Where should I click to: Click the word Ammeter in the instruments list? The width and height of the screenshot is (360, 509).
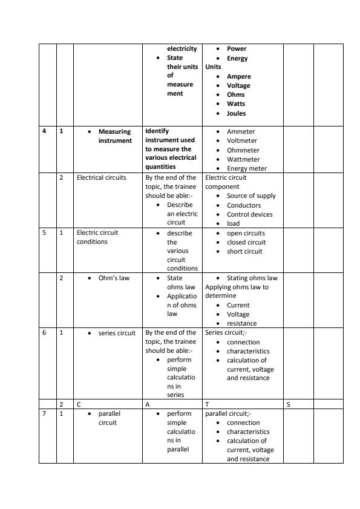point(241,131)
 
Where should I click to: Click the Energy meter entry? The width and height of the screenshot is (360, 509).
point(247,168)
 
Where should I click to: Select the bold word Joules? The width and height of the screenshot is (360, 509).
point(236,113)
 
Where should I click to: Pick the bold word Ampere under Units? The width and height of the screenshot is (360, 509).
point(238,76)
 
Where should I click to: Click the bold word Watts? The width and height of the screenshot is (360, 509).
point(236,104)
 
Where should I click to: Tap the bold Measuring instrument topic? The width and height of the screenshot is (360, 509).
point(115,136)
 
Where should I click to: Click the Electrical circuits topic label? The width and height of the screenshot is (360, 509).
point(102,178)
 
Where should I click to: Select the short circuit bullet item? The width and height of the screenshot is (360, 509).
point(246,251)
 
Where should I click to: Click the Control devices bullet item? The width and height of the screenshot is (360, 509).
point(249,214)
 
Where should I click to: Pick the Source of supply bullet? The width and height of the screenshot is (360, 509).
point(251,196)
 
